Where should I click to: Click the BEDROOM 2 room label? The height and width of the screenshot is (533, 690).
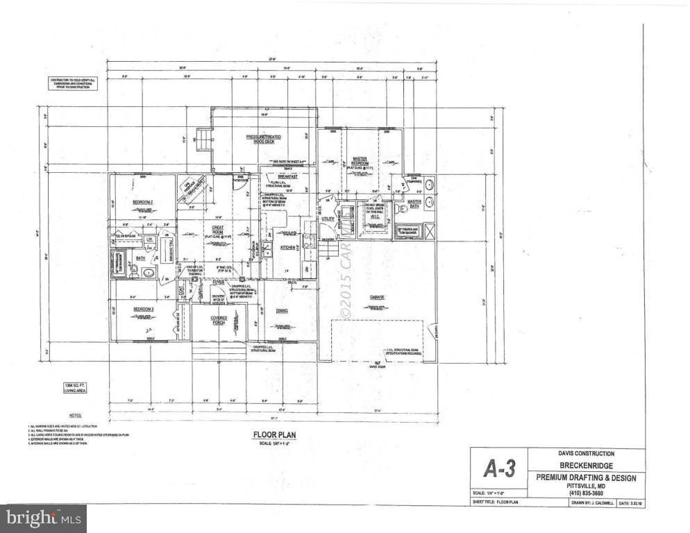(142, 202)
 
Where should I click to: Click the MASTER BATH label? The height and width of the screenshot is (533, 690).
(415, 206)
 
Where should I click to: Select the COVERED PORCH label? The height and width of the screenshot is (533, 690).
(219, 320)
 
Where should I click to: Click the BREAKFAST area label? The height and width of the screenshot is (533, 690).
(287, 177)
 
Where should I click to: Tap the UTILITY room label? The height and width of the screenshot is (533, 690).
(328, 219)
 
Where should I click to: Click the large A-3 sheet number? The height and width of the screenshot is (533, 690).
(498, 469)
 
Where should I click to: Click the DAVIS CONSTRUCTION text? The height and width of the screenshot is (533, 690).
(587, 454)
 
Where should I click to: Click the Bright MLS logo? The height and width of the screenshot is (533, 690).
(43, 518)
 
